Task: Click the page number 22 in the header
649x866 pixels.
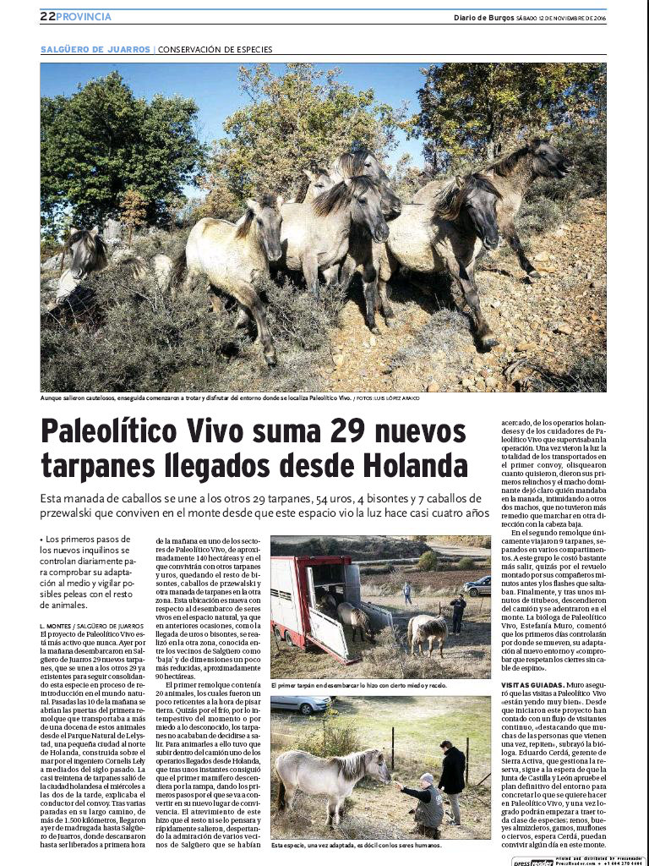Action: tap(47, 17)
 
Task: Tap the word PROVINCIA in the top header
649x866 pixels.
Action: tap(84, 17)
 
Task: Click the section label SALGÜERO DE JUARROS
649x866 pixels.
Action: tap(95, 49)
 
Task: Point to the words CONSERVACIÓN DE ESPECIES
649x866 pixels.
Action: tap(215, 49)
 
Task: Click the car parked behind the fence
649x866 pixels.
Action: tap(299, 704)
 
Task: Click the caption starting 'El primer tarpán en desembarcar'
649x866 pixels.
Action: tap(360, 684)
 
